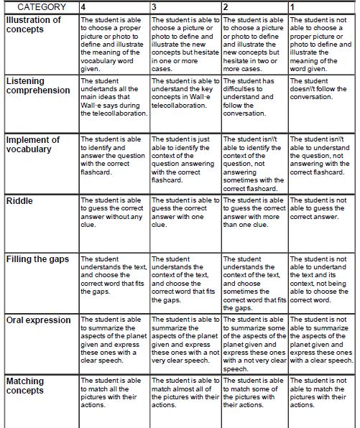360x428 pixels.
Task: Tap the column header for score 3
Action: [x=185, y=7]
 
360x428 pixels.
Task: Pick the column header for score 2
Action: [x=254, y=7]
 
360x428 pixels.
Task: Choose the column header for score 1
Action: [x=321, y=7]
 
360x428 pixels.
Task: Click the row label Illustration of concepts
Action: [x=34, y=25]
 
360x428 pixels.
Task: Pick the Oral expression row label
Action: [x=38, y=320]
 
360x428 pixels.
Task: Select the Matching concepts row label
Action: [x=25, y=386]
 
